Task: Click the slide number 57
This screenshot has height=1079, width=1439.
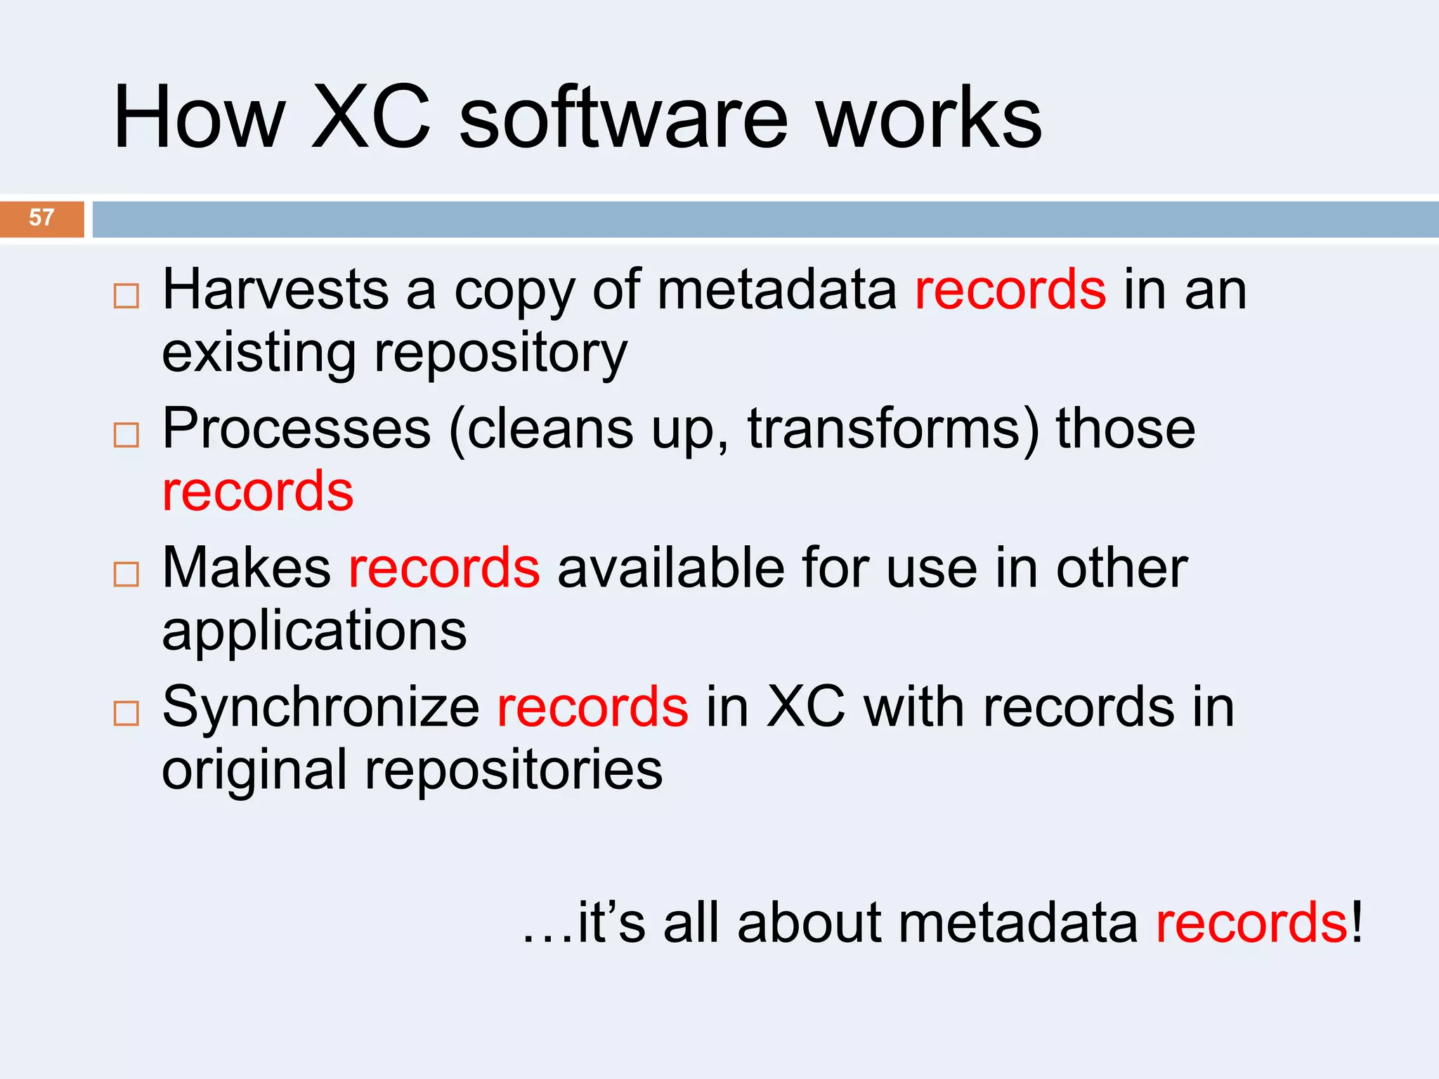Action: coord(41,218)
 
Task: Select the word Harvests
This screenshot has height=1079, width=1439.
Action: coord(275,289)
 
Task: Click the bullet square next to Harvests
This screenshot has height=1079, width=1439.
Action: coord(126,296)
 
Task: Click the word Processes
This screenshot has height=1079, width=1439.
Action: coord(296,429)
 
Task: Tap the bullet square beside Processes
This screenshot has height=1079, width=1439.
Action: coord(126,436)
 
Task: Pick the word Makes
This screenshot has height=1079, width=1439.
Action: coord(246,568)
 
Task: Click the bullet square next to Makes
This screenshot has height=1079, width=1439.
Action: coord(126,575)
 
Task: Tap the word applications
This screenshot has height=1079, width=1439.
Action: coord(314,630)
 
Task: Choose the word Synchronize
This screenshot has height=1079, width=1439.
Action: coord(321,707)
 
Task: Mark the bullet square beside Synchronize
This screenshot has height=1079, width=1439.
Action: coord(126,714)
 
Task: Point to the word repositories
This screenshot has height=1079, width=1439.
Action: coord(514,769)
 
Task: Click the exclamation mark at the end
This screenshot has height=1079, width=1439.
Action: coord(1356,922)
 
